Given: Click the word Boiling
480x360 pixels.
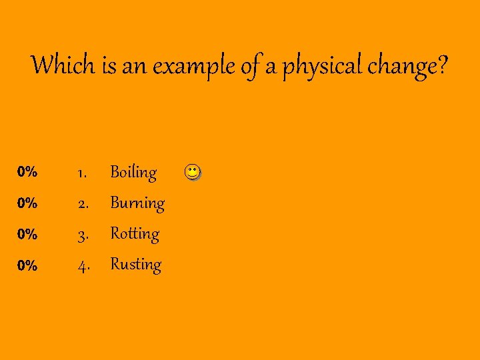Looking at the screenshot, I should [133, 172].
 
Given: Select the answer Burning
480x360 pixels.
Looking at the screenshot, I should [137, 203].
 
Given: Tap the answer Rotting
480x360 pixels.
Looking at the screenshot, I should [135, 233].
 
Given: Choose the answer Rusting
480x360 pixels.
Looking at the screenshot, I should [136, 264].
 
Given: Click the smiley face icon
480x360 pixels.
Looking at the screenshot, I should [191, 173].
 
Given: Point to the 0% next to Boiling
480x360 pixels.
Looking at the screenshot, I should [27, 172].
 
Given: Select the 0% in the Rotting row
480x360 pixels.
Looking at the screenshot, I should [27, 234].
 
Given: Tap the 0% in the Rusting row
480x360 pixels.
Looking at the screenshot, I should [27, 265].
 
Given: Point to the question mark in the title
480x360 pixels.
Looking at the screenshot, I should [443, 65].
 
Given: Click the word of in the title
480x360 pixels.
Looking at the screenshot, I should [249, 66].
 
